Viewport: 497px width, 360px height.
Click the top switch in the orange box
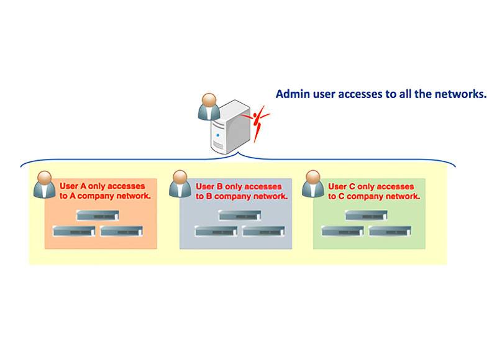(x=97, y=215)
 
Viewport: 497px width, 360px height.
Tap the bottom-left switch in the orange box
(x=73, y=231)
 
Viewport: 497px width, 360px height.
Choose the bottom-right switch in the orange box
(x=121, y=231)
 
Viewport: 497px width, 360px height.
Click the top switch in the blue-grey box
(x=239, y=215)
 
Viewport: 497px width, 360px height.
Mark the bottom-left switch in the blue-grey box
(x=215, y=231)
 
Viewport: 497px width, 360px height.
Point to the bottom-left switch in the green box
(x=342, y=231)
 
